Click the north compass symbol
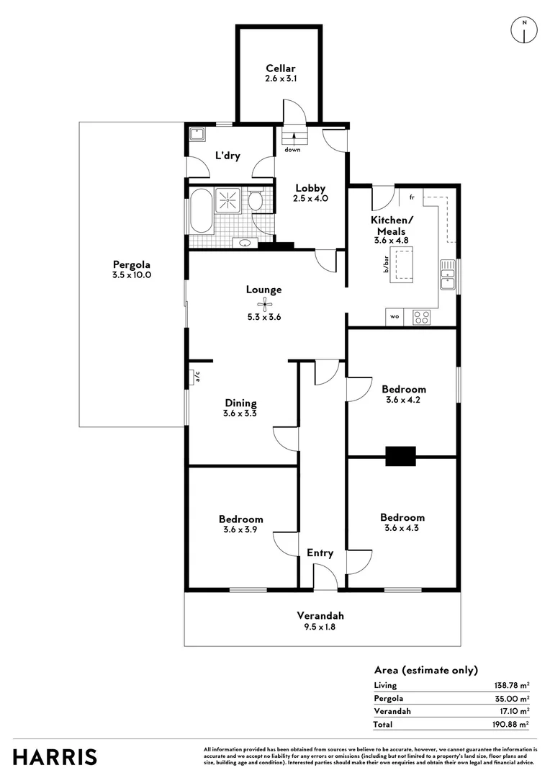coord(524,30)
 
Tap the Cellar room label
coord(281,68)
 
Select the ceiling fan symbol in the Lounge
coord(263,302)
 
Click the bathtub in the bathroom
coord(201,213)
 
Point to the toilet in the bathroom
coord(255,200)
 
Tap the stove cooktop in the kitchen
coord(422,317)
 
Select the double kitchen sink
coord(448,274)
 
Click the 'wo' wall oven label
coord(395,316)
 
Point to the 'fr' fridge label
coord(412,197)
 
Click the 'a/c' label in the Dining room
coord(197,377)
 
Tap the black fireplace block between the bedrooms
coord(401,457)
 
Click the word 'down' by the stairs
coord(292,149)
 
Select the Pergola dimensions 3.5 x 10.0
coord(132,275)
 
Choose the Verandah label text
coord(320,615)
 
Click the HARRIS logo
coord(55,757)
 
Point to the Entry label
coord(320,553)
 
